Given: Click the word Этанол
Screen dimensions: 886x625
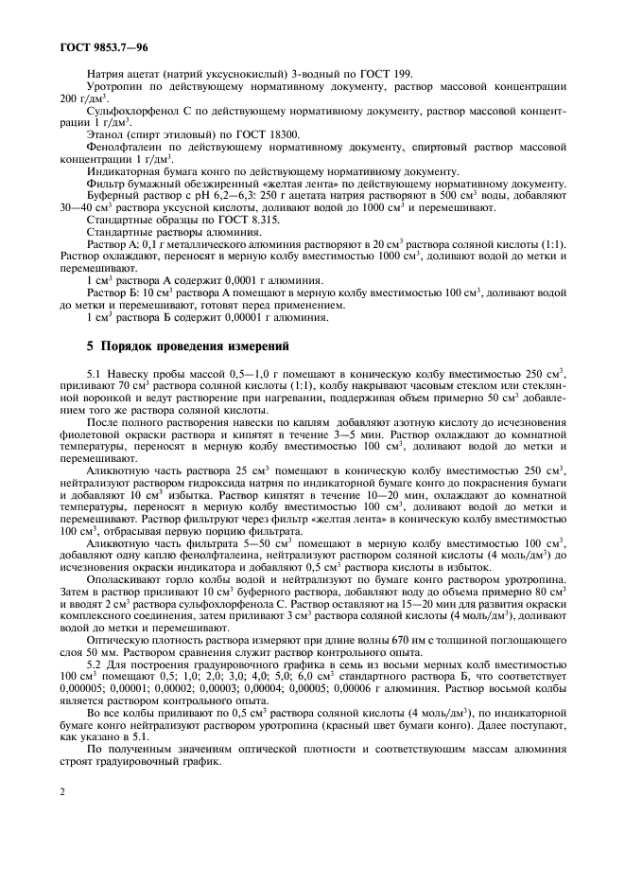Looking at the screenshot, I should pos(106,135).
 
